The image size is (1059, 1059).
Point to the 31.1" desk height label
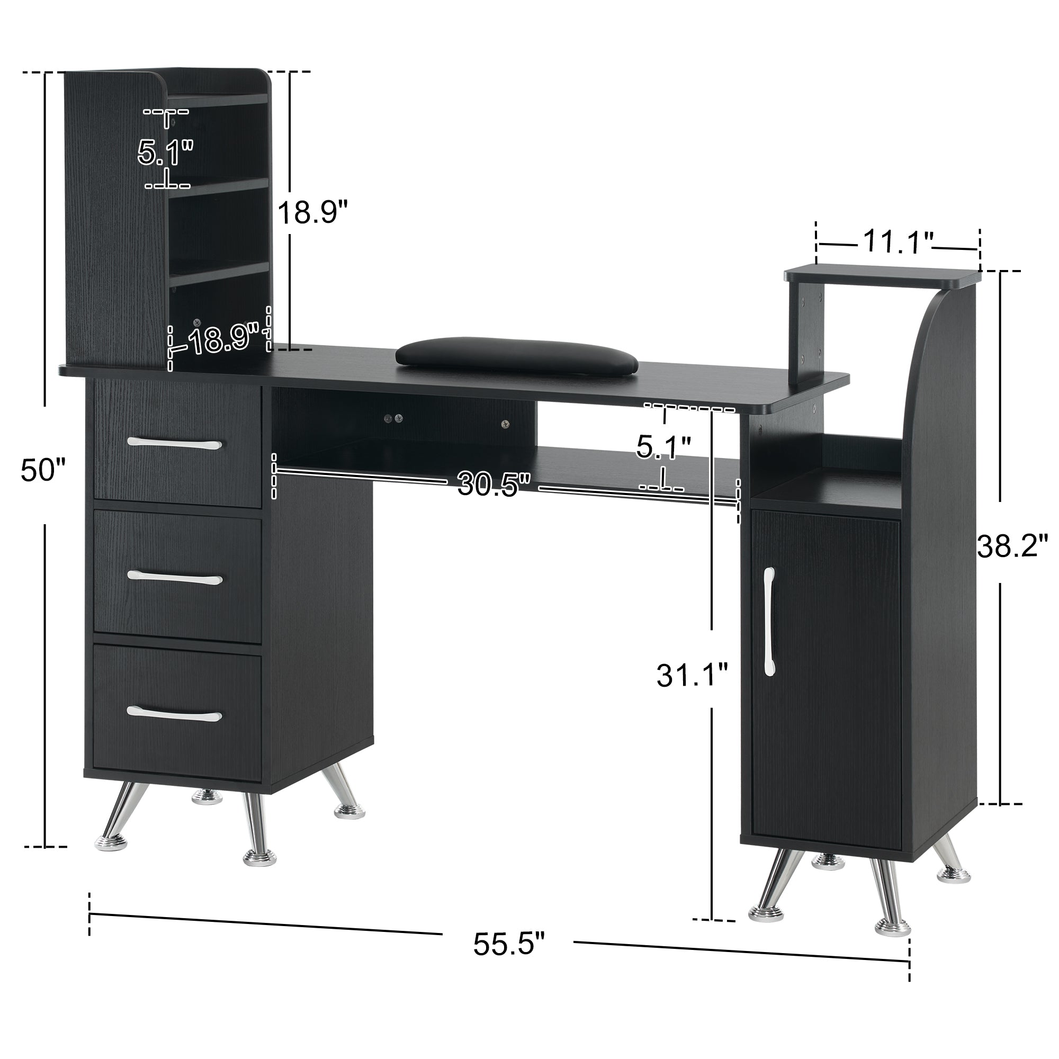click(692, 675)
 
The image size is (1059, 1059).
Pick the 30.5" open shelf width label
click(495, 483)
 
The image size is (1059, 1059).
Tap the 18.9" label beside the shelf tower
click(312, 212)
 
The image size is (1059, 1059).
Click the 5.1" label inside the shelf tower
click(165, 152)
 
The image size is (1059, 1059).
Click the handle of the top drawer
click(175, 443)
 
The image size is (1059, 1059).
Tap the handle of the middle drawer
click(175, 577)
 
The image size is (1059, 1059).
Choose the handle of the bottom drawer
click(174, 713)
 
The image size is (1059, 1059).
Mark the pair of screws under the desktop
click(393, 418)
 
